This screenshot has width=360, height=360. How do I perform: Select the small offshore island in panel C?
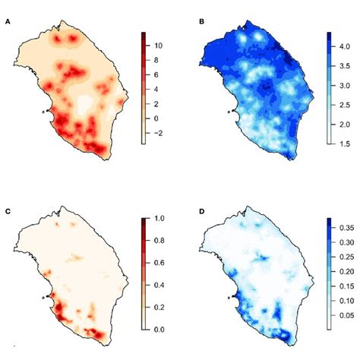click(x=43, y=295)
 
